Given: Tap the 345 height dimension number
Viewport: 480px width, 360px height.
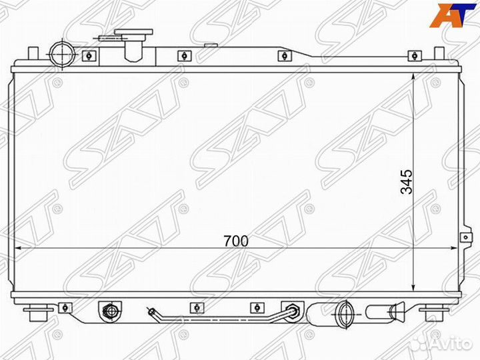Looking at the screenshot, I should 407,181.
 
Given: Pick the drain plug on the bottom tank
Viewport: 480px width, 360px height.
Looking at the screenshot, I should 109,311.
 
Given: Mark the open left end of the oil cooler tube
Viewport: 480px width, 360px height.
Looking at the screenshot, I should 151,310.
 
